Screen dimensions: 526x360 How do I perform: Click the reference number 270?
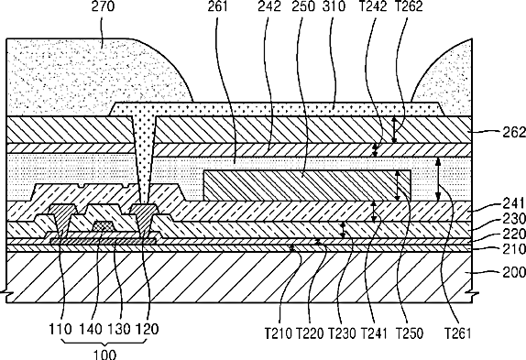pyautogui.click(x=103, y=6)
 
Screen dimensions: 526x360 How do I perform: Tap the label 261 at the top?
pyautogui.click(x=217, y=6)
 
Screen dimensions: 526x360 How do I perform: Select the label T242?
pyautogui.click(x=373, y=6)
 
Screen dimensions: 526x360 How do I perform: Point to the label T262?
pyautogui.click(x=409, y=6)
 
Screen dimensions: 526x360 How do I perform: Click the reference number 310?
pyautogui.click(x=334, y=6)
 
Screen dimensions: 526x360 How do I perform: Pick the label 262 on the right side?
pyautogui.click(x=514, y=133)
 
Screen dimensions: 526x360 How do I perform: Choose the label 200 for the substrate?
pyautogui.click(x=514, y=272)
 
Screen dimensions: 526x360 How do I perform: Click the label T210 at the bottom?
pyautogui.click(x=278, y=333)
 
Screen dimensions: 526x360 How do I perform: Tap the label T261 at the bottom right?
pyautogui.click(x=458, y=333)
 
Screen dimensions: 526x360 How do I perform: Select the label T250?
pyautogui.click(x=410, y=333)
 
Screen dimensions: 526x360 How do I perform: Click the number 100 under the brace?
pyautogui.click(x=104, y=355)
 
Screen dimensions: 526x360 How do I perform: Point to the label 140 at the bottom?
pyautogui.click(x=91, y=329)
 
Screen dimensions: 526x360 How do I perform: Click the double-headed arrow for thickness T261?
pyautogui.click(x=438, y=180)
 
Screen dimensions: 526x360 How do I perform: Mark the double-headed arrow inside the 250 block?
pyautogui.click(x=398, y=186)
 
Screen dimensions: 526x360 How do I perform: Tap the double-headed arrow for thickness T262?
pyautogui.click(x=394, y=129)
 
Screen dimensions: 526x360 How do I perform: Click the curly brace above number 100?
pyautogui.click(x=104, y=342)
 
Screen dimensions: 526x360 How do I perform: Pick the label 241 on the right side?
pyautogui.click(x=514, y=203)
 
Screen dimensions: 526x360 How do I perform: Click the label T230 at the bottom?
pyautogui.click(x=342, y=333)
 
